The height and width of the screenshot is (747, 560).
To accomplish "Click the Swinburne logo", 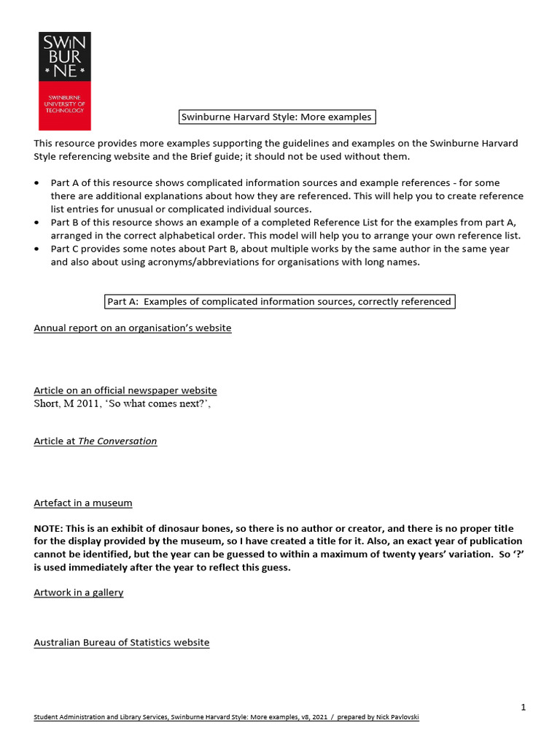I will (x=65, y=81).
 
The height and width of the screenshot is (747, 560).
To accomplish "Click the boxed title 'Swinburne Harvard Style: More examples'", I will (x=277, y=117).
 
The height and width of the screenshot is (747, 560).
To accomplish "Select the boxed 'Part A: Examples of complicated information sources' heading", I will (x=279, y=301).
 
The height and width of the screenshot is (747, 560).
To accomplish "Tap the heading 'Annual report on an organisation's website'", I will (x=133, y=328).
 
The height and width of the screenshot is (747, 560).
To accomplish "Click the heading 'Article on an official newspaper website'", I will (x=125, y=390).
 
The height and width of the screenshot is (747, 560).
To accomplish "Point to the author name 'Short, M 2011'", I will (x=66, y=403).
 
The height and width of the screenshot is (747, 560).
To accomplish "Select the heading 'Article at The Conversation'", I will (x=96, y=441).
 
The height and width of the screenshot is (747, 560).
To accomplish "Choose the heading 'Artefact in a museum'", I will (x=83, y=503).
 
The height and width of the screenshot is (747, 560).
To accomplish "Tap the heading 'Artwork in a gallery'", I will (x=79, y=592).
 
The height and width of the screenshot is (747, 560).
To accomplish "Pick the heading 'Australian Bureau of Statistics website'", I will (x=122, y=643).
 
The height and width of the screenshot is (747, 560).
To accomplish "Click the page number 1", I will (x=523, y=707).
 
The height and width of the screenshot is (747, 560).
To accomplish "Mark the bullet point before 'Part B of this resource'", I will (x=37, y=222).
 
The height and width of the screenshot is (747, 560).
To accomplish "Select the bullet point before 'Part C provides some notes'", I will (x=37, y=249).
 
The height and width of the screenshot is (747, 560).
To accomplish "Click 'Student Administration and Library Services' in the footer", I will (x=101, y=717).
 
